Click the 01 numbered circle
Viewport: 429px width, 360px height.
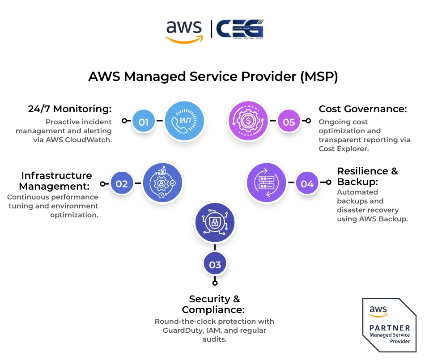tap(144, 121)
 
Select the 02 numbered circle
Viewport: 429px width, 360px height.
tap(122, 183)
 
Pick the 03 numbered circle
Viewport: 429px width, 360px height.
tap(215, 264)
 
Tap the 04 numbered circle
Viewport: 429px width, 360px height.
tap(307, 183)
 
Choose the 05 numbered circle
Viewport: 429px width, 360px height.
tap(289, 121)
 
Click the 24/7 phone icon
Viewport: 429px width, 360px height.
tap(184, 121)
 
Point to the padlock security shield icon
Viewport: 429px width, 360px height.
tap(215, 222)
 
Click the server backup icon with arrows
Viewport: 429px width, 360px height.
tap(267, 182)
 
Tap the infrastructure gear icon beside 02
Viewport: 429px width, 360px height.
tap(162, 183)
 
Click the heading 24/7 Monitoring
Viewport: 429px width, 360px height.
tap(69, 109)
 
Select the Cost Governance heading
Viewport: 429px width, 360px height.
tap(363, 109)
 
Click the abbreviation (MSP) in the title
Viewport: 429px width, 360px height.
tap(319, 76)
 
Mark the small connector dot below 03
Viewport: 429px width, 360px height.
tap(215, 283)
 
